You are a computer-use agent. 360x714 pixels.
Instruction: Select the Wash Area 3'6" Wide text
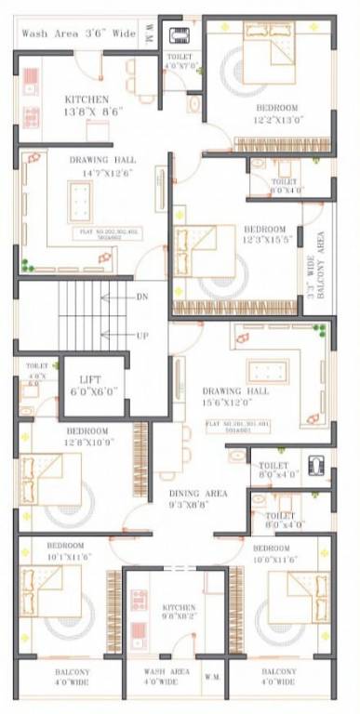78,33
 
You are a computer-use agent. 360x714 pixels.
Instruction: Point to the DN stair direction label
141,297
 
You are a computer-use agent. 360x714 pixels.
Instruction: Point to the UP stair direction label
141,335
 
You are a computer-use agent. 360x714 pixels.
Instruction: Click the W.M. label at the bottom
210,677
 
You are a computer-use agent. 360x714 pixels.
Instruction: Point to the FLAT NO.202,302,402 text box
111,233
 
